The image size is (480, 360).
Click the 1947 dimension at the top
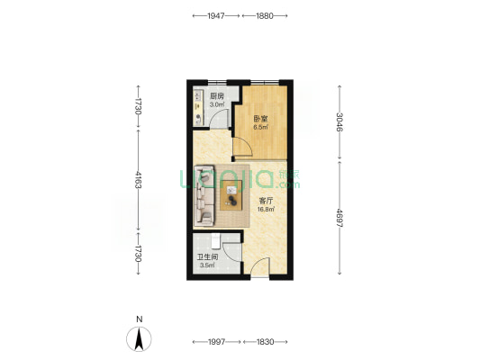point(216,15)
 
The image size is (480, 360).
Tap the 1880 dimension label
point(265,15)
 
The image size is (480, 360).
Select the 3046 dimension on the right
point(340,122)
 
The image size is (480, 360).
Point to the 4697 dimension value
point(340,218)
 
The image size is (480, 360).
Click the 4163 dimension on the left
point(139,180)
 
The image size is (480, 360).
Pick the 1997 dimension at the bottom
point(217,342)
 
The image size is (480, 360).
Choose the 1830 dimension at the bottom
point(266,342)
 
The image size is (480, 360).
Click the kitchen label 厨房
point(217,96)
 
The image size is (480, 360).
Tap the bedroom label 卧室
point(260,119)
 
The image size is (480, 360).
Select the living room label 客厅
point(266,201)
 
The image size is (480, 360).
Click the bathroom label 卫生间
point(207,256)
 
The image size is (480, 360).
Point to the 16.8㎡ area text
point(266,210)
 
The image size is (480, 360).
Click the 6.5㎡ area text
point(260,127)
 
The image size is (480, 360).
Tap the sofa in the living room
point(204,196)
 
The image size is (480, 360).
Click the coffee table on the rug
point(231,195)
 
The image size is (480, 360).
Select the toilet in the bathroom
point(216,241)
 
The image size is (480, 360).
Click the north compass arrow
point(139,339)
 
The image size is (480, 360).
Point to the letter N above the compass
point(140,319)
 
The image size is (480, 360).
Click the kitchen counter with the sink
point(199,107)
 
